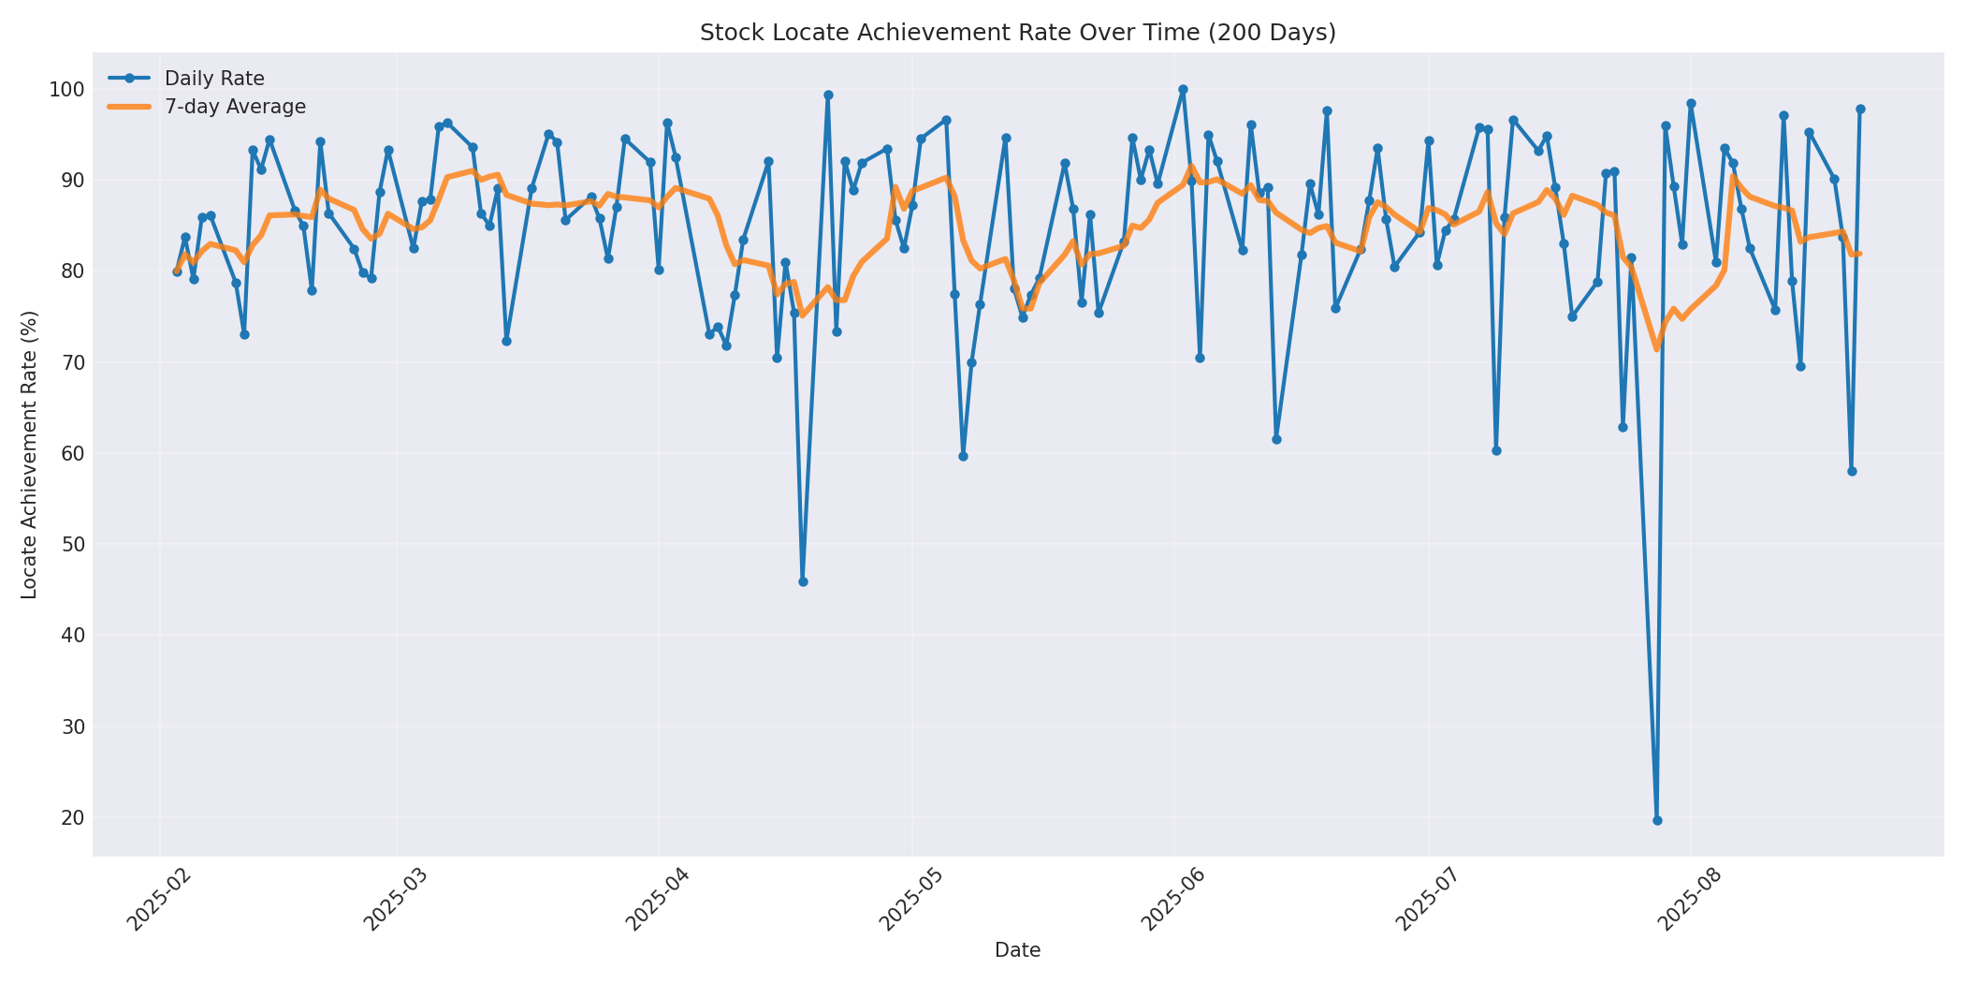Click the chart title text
click(1017, 33)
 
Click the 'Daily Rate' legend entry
click(214, 79)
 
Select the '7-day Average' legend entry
click(235, 107)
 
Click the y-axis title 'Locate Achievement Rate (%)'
click(30, 455)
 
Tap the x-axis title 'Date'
click(1017, 951)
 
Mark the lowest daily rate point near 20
click(1657, 820)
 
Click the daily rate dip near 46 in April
click(803, 581)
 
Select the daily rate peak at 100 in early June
click(1183, 90)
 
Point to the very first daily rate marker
click(177, 271)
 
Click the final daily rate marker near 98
click(1860, 110)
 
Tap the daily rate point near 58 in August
click(1852, 471)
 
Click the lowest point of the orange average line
click(1657, 349)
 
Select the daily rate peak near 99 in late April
click(828, 95)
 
